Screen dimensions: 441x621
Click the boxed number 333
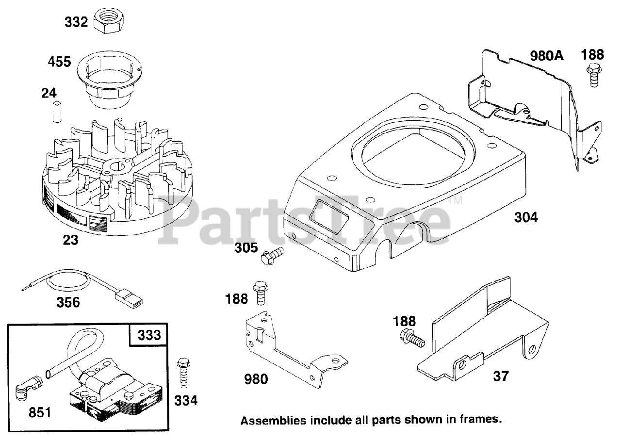click(148, 335)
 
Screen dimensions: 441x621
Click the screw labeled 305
click(272, 255)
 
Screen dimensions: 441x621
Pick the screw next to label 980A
click(593, 73)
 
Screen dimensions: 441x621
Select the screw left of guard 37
click(411, 338)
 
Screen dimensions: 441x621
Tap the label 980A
click(547, 56)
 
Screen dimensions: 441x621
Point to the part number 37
click(501, 376)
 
